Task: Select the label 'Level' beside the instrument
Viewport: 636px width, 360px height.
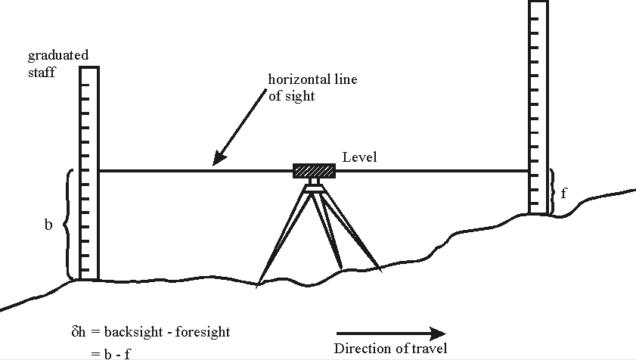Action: (x=359, y=157)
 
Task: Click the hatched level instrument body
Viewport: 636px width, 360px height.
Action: (x=314, y=171)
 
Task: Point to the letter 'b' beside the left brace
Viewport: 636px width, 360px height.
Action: (x=48, y=225)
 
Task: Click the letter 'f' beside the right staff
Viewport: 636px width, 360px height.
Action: (x=564, y=192)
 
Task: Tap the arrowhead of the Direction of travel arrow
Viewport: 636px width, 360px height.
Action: (x=436, y=333)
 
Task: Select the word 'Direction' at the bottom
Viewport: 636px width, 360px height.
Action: (x=358, y=349)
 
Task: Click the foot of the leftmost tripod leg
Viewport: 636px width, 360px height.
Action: (x=259, y=284)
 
